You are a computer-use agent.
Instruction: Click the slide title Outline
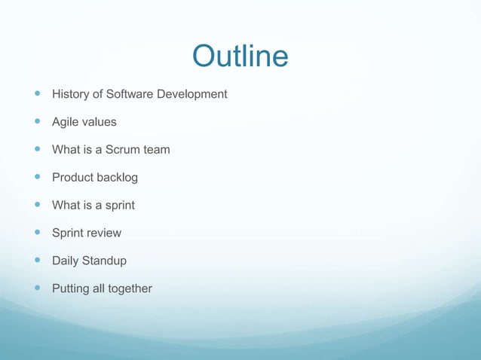(x=240, y=56)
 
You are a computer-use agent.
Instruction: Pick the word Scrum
(x=123, y=149)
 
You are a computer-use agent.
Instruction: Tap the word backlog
(x=118, y=177)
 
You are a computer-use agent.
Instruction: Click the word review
(x=103, y=233)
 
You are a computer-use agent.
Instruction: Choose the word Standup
(x=106, y=261)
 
